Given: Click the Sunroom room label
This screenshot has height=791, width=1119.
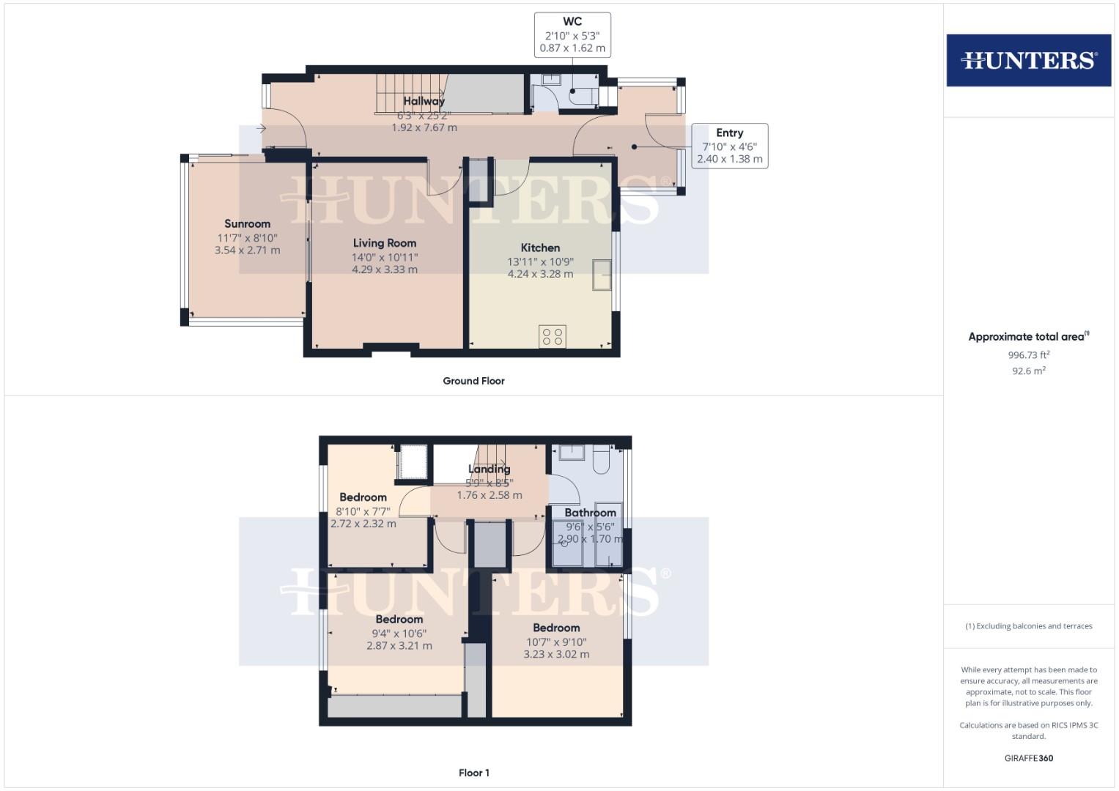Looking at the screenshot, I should (247, 224).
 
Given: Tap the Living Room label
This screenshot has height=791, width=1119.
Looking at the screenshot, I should (384, 243).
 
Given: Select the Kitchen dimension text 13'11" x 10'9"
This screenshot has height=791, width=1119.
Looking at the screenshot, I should (540, 261).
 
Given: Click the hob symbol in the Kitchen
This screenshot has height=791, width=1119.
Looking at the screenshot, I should (552, 336).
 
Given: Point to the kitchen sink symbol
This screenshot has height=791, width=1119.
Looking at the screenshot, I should (602, 275).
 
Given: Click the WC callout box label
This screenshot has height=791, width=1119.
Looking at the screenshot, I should (572, 22).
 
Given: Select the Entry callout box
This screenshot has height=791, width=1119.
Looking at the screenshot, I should (729, 146).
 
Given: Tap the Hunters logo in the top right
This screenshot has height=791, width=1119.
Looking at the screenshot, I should (1028, 60).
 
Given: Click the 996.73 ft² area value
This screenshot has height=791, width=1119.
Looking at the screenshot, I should (1028, 355).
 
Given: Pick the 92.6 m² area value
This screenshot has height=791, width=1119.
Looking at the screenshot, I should (1028, 371).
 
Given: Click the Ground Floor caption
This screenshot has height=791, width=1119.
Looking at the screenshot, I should (473, 381).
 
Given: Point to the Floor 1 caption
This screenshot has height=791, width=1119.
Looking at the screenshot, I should (473, 773).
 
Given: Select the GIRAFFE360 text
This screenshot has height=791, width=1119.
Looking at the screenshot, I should (1028, 758).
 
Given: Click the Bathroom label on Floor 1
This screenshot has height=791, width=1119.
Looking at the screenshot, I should (590, 513).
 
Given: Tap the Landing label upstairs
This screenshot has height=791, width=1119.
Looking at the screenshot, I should (489, 469).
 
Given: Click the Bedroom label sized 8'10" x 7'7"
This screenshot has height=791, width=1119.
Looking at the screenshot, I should (363, 497).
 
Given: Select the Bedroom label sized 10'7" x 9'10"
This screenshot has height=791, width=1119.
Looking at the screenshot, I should (556, 628).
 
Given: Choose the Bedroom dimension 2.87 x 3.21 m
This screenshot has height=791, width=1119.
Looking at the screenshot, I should (399, 646).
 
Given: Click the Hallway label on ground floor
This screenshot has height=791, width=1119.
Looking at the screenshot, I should (424, 102).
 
